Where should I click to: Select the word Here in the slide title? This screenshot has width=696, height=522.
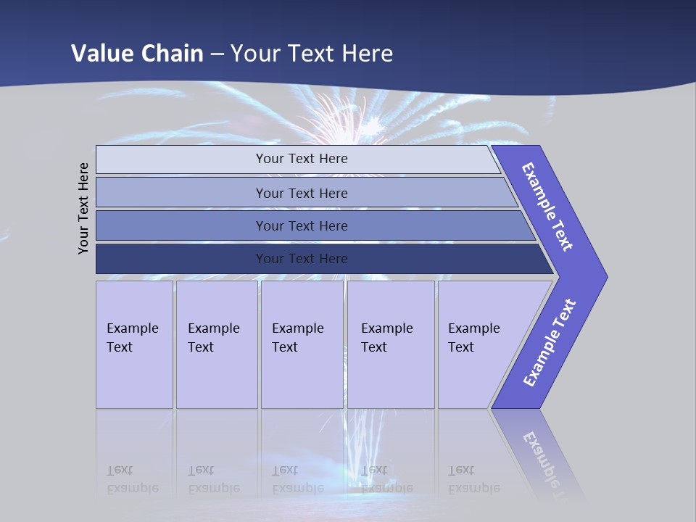tap(367, 54)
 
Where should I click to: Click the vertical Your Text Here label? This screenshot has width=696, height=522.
tap(83, 208)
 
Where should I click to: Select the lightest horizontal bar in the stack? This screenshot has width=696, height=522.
tap(301, 159)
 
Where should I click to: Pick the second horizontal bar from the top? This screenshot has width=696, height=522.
tap(301, 193)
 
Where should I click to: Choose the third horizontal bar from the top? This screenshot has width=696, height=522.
tap(301, 225)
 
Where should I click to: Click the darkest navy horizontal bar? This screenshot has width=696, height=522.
tap(301, 259)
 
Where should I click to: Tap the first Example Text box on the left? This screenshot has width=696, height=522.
tap(134, 344)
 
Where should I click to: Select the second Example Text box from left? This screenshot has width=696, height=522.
tap(216, 344)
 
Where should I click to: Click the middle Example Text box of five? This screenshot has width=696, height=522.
tap(302, 344)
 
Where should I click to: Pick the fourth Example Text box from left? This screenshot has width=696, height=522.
tap(390, 344)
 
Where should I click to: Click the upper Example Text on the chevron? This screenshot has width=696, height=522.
tap(547, 207)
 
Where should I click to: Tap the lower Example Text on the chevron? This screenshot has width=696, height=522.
tap(550, 343)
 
